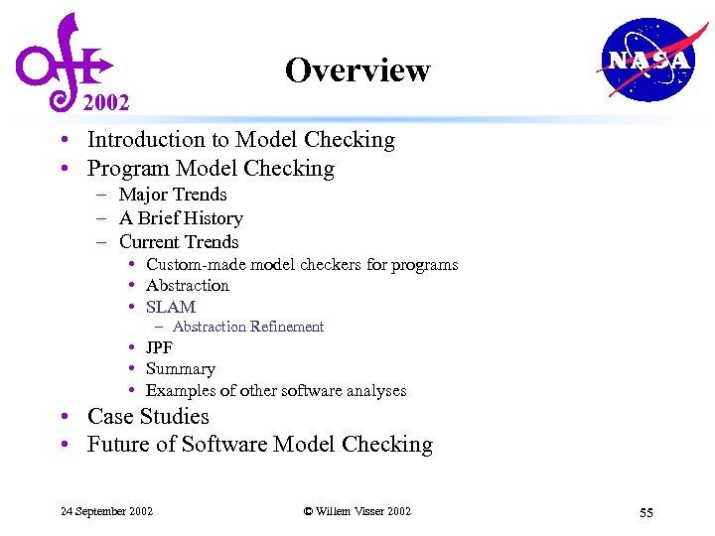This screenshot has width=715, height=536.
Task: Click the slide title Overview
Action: [357, 70]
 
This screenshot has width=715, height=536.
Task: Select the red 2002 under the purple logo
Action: [105, 102]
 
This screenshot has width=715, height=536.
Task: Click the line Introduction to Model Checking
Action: [240, 140]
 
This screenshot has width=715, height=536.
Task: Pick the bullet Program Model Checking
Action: [211, 168]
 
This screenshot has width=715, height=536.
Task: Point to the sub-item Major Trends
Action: [173, 195]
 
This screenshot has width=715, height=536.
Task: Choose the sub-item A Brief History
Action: [181, 218]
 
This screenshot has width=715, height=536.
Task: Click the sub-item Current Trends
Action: [179, 242]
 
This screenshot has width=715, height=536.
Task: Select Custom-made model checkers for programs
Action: [302, 264]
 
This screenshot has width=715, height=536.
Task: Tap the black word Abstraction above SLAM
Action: [188, 286]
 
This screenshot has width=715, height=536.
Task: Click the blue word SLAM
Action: [171, 308]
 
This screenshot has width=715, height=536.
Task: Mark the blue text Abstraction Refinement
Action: [248, 327]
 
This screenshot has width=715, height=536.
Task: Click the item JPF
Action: [159, 348]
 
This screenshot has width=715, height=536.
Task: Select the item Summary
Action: [181, 369]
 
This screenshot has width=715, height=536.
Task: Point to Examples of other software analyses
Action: [276, 391]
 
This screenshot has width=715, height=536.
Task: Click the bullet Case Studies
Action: [148, 417]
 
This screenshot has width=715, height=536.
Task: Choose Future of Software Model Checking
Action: [260, 445]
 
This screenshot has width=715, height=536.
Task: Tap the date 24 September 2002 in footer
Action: [107, 511]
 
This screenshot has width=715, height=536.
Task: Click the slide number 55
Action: [645, 512]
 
